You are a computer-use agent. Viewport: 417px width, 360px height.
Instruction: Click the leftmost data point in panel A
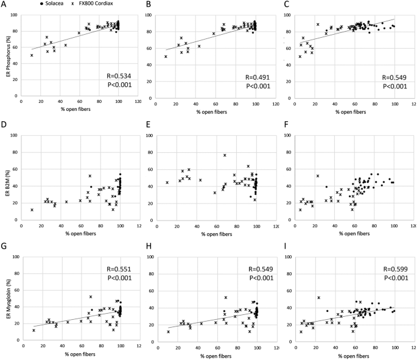click(32, 55)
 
